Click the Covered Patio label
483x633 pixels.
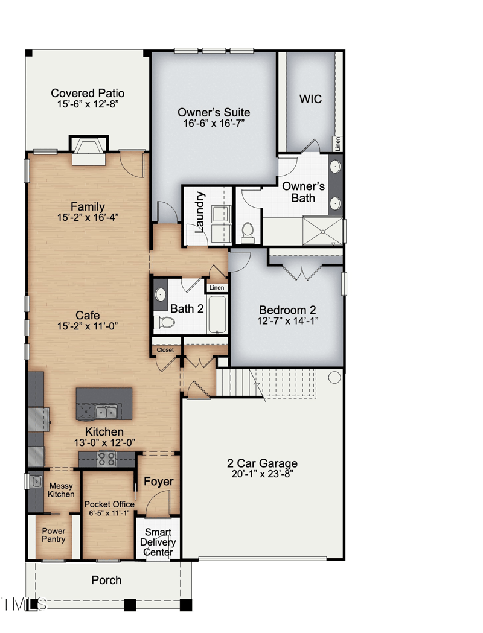(x=88, y=93)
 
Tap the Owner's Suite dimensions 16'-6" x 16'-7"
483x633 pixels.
(x=214, y=124)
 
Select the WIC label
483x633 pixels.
(x=311, y=99)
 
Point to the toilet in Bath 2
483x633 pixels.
(x=164, y=322)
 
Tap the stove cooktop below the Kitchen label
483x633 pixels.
(x=107, y=459)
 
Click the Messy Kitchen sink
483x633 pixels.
(x=36, y=481)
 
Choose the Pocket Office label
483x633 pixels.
(x=109, y=504)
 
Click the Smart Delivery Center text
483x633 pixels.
(x=158, y=542)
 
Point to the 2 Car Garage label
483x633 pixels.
(x=262, y=463)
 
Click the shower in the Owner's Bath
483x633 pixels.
(x=322, y=231)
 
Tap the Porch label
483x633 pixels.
(x=106, y=580)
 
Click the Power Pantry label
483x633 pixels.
(x=53, y=535)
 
